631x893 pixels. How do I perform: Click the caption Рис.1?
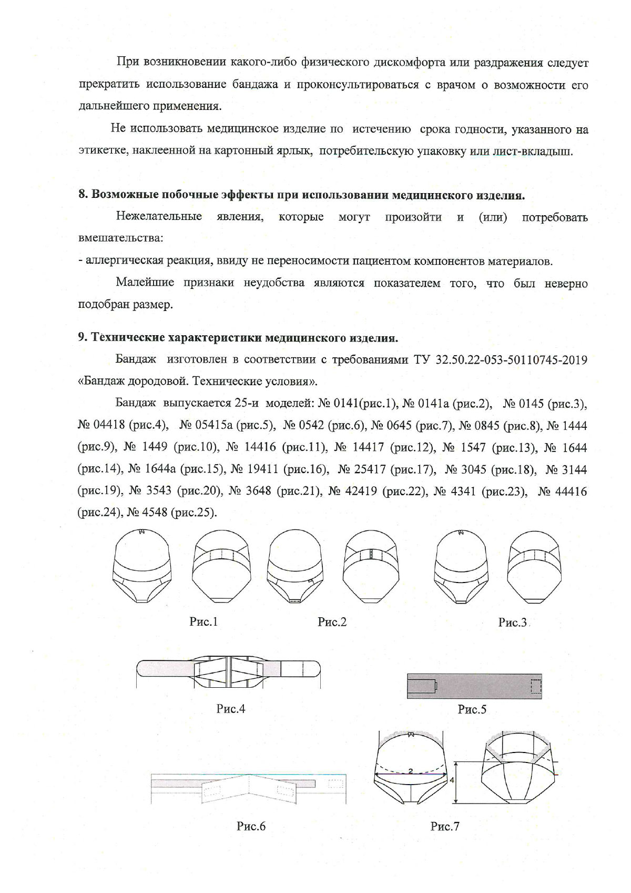click(x=203, y=622)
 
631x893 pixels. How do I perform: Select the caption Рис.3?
click(x=512, y=623)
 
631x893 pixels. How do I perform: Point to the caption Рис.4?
click(x=231, y=709)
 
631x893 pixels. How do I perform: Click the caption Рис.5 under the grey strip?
click(x=472, y=709)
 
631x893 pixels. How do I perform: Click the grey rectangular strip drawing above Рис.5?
click(x=474, y=686)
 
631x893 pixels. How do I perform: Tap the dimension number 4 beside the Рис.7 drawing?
click(x=452, y=781)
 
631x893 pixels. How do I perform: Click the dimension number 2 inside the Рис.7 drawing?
click(x=410, y=771)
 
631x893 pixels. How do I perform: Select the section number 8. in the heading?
click(x=83, y=195)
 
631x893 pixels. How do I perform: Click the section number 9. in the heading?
click(x=83, y=338)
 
